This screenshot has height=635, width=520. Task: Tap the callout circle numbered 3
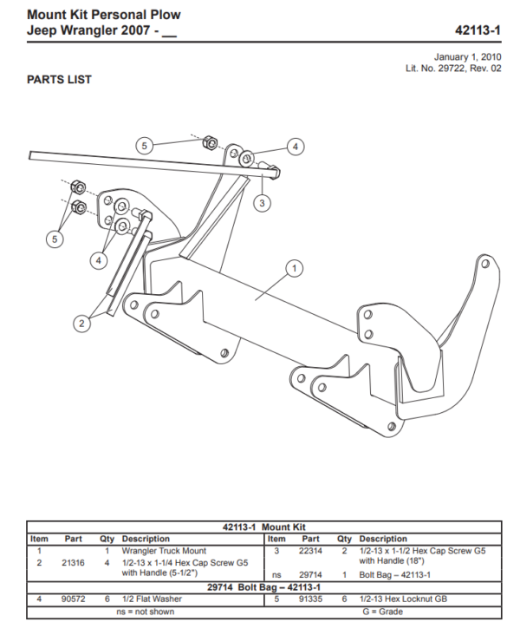(262, 203)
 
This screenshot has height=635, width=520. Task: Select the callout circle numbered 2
(81, 324)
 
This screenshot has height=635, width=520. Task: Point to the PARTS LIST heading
(59, 80)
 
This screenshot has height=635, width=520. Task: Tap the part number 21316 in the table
(73, 562)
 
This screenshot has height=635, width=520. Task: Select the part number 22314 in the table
(310, 551)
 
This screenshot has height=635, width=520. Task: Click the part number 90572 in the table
(73, 599)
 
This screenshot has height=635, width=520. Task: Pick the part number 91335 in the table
(310, 599)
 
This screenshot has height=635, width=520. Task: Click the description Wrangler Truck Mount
(164, 551)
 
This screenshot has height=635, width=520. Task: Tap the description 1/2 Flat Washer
(153, 599)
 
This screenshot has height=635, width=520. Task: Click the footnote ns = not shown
(145, 612)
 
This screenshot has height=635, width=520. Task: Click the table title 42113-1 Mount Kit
(263, 527)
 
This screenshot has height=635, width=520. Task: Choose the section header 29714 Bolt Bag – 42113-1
(263, 587)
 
